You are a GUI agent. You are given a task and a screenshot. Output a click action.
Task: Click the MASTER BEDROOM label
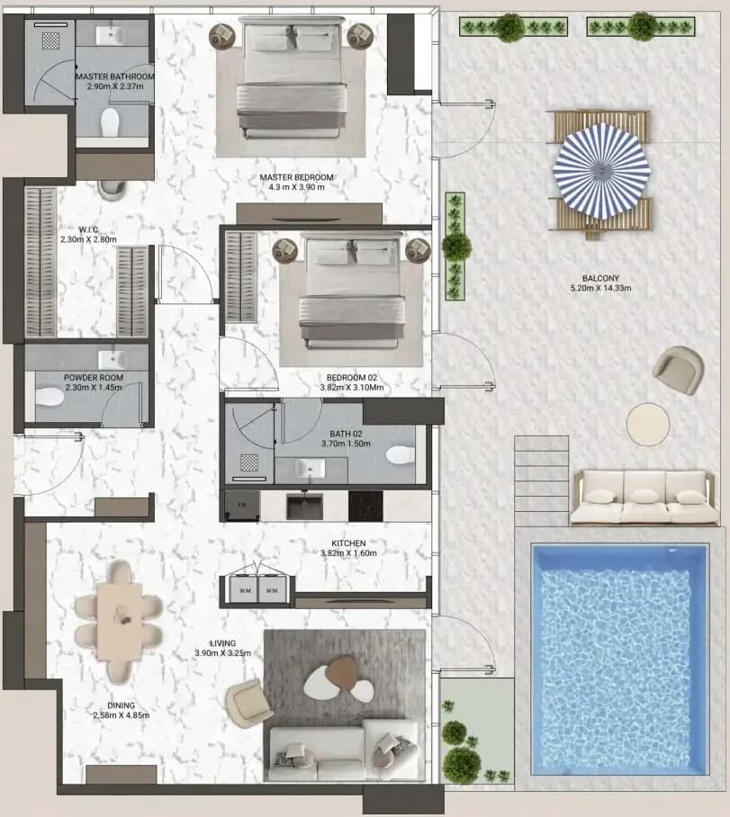coord(296,177)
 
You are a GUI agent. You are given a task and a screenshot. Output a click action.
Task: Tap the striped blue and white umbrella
coord(601,171)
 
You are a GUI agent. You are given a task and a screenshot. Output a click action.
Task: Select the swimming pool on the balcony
coord(619,660)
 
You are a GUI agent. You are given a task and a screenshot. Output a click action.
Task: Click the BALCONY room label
coord(600,278)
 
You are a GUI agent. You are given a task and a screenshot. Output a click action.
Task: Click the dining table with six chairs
coord(120,621)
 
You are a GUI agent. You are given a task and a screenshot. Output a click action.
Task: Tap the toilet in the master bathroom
coord(110,122)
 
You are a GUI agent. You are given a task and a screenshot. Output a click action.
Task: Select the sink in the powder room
coord(111,360)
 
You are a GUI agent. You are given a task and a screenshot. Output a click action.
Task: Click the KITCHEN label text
coord(348,543)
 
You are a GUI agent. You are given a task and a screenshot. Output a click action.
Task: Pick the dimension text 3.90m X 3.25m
coord(222,653)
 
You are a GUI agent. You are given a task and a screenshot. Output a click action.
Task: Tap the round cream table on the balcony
coord(648,424)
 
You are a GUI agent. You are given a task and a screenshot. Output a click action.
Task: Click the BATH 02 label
coord(346,434)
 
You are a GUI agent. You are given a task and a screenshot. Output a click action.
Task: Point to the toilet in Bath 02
coord(401,454)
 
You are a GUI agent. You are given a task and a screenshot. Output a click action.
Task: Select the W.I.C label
coord(88,229)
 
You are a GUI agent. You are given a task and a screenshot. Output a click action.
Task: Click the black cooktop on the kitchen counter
coord(365,506)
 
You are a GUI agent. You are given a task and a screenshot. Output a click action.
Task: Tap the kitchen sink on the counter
coord(304,506)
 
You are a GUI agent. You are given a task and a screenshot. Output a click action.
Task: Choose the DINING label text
coord(121,705)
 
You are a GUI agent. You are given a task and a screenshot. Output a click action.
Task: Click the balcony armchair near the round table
coord(678,370)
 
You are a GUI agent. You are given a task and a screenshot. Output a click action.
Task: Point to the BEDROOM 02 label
coord(351,378)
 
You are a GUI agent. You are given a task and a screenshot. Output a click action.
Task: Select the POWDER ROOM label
coord(94,378)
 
